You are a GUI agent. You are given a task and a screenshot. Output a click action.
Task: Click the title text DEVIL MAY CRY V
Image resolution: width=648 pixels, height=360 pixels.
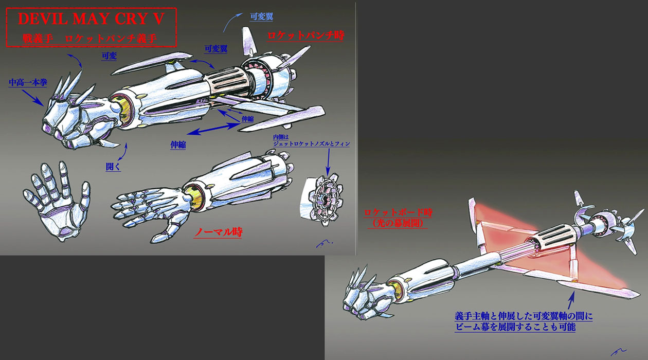(92, 19)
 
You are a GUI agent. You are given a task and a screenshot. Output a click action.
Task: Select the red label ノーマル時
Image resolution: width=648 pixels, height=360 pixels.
(218, 232)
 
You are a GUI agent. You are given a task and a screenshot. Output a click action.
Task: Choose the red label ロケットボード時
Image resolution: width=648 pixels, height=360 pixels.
(395, 212)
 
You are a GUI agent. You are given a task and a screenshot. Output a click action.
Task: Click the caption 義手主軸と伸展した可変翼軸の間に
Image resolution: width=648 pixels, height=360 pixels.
(523, 315)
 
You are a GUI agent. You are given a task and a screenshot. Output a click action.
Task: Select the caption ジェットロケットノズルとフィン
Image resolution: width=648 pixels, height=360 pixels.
(312, 144)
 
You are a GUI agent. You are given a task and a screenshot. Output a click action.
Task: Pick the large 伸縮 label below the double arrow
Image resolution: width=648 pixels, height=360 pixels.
(178, 145)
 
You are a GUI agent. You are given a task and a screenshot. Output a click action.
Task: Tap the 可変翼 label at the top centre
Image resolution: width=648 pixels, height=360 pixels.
(261, 16)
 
